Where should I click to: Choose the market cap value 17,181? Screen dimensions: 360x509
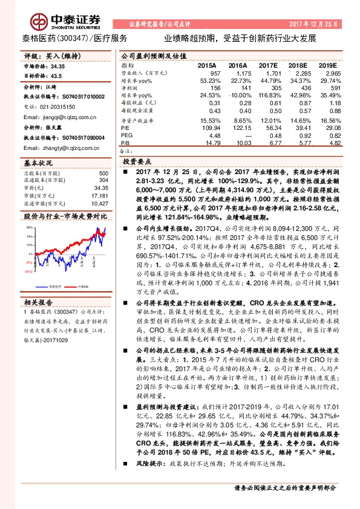coord(100,195)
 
